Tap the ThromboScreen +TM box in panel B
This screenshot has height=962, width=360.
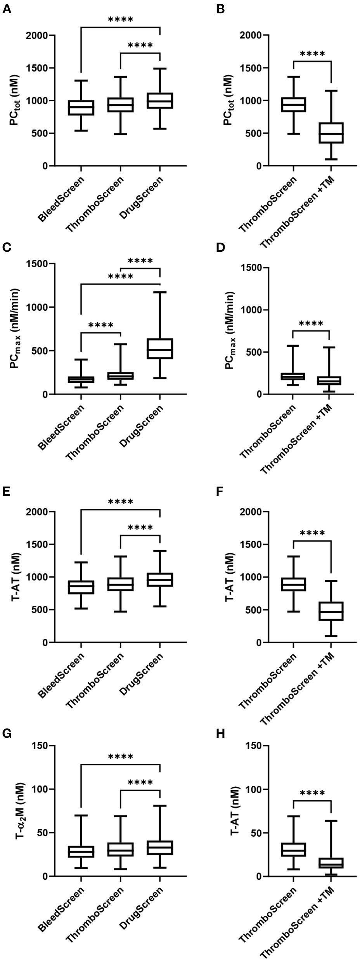pyautogui.click(x=331, y=133)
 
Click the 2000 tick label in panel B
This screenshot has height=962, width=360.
pyautogui.click(x=250, y=35)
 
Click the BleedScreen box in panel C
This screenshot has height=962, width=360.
pyautogui.click(x=81, y=379)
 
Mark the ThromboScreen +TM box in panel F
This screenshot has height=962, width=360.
pyautogui.click(x=331, y=611)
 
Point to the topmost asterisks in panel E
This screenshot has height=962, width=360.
pyautogui.click(x=121, y=502)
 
